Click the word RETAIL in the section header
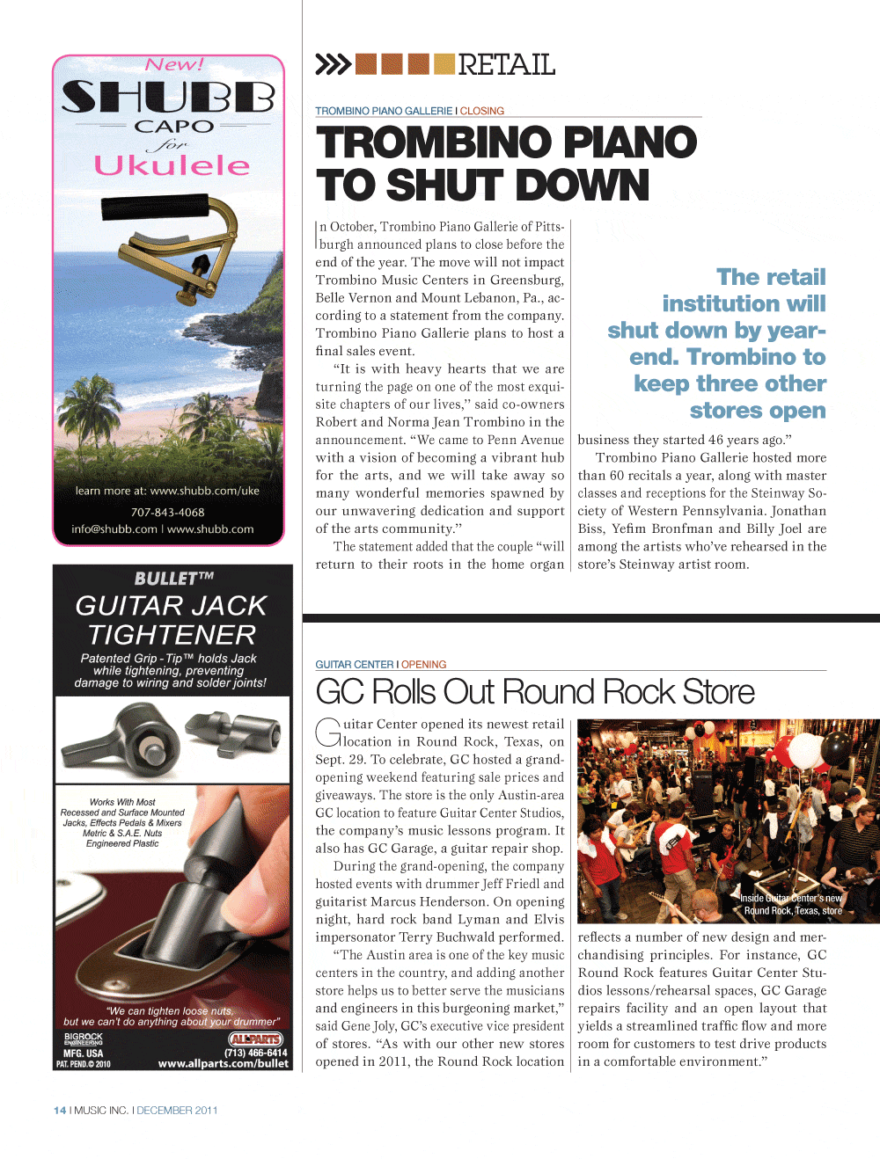click(506, 65)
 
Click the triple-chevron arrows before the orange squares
click(333, 64)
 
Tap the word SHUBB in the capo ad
click(168, 97)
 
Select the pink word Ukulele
click(172, 165)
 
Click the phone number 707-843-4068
click(167, 512)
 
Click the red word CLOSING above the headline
click(482, 111)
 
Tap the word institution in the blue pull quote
click(744, 303)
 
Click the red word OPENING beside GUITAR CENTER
click(424, 665)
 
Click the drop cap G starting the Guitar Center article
click(327, 733)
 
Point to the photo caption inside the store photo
click(791, 904)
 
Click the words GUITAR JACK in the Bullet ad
click(171, 606)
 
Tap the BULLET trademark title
click(173, 579)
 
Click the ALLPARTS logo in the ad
click(255, 1039)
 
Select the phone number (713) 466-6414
click(255, 1053)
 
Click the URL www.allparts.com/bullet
click(223, 1064)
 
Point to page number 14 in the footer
click(60, 1111)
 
